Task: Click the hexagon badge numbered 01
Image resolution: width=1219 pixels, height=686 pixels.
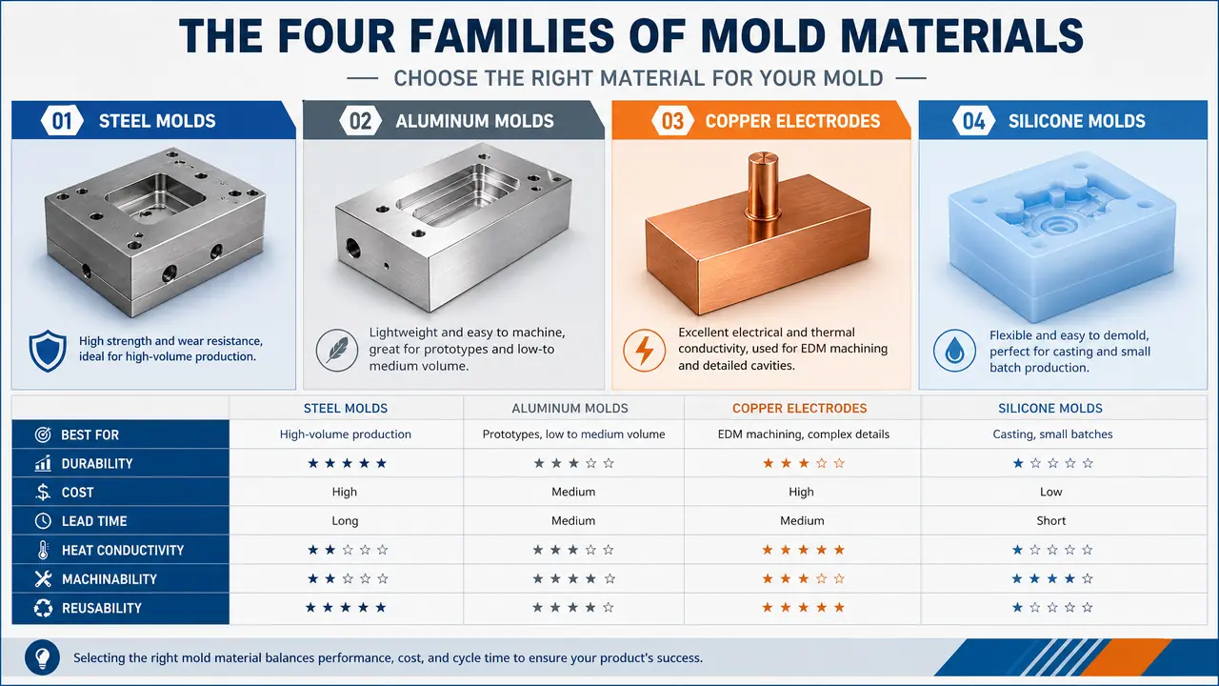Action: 62,121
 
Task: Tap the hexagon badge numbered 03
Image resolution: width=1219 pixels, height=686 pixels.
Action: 672,121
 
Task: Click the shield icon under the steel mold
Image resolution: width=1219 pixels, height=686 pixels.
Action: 48,351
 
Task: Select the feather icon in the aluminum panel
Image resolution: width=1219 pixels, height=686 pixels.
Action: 337,350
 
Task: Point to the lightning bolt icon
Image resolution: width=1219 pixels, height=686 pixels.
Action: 645,350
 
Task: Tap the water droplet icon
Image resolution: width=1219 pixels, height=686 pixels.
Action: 954,350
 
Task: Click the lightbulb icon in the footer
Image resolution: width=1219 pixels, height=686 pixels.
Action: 42,657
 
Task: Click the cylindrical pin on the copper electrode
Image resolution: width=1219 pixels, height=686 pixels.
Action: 764,186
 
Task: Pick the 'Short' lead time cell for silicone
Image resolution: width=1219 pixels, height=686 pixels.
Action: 1050,520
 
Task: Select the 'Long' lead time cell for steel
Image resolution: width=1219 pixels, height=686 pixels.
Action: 345,520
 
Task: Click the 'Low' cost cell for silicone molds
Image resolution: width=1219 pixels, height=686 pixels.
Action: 1050,492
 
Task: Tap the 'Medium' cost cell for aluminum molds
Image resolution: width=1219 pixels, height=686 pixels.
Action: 573,492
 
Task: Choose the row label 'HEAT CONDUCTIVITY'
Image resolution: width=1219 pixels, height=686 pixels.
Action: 123,550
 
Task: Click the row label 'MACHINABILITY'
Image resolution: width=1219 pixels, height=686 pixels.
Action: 110,578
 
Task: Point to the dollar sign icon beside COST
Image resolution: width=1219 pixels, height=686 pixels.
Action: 43,492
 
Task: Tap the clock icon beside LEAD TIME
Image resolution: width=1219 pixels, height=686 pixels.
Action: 43,521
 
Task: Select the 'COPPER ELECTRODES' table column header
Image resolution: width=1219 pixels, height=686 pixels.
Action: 799,409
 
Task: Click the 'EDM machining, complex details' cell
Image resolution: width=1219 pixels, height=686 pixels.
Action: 803,434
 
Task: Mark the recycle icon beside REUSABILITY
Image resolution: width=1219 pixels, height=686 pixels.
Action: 43,608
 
